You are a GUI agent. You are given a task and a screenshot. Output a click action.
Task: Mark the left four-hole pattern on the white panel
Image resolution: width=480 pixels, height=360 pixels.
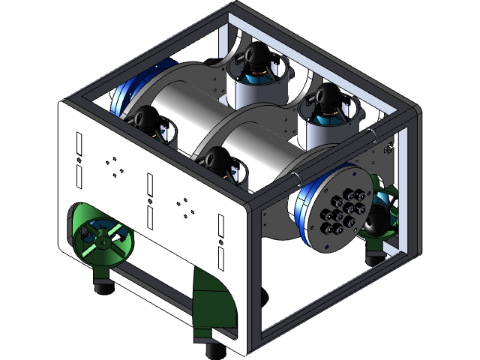(x=113, y=165)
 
